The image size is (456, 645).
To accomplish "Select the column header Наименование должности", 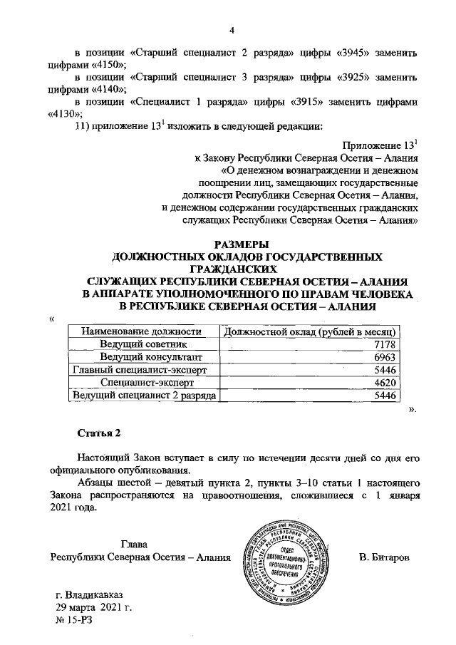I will coord(139,331).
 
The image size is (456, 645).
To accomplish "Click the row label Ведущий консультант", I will coord(142,357).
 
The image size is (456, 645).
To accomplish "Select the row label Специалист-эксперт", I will coord(142,383).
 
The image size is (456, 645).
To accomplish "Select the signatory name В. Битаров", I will coord(385,557).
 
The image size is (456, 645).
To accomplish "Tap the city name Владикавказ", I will coord(88,594).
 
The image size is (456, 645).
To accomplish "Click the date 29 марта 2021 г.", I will coord(94,607).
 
